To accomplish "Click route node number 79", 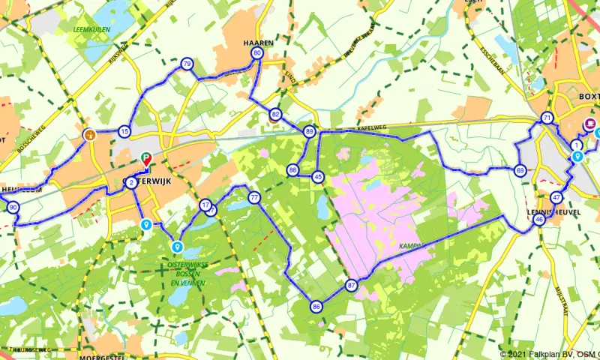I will [187, 64].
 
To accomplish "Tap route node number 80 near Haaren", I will [258, 54].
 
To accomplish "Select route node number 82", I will [276, 115].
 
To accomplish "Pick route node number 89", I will [309, 131].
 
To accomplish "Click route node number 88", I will [292, 170].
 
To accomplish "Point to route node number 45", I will [318, 177].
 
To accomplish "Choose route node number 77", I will [255, 198].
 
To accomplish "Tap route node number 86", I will [316, 306].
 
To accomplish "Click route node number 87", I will [352, 286].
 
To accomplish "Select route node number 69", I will [520, 171].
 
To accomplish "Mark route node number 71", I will [547, 118].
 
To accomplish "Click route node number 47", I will [556, 198].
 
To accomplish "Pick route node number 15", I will [124, 132].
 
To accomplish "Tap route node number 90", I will [13, 208].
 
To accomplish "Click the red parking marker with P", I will [146, 158].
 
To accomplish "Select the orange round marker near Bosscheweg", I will [89, 135].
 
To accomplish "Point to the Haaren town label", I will [258, 43].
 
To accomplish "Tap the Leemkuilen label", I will [88, 29].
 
